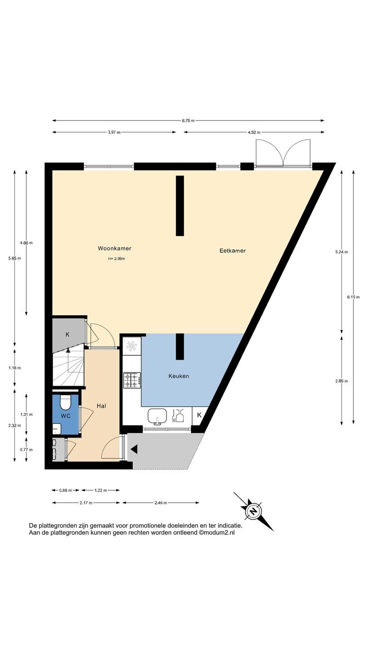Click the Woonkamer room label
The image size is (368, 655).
[114, 248]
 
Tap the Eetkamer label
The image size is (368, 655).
[233, 251]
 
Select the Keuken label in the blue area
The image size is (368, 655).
[179, 376]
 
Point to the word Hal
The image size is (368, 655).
[101, 406]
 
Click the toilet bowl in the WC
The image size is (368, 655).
[65, 403]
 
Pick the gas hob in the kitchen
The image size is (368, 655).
[132, 380]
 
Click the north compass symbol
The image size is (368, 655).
[254, 511]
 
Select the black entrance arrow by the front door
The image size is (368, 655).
[134, 449]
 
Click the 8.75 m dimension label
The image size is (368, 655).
[188, 121]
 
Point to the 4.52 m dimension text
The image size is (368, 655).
[254, 132]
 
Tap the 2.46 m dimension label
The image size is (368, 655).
[161, 503]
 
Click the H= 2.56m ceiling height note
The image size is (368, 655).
[116, 258]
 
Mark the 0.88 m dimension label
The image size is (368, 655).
[65, 490]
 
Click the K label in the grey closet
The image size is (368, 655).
[67, 334]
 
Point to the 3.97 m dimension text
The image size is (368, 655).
[114, 132]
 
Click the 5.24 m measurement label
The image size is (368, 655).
[342, 252]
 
